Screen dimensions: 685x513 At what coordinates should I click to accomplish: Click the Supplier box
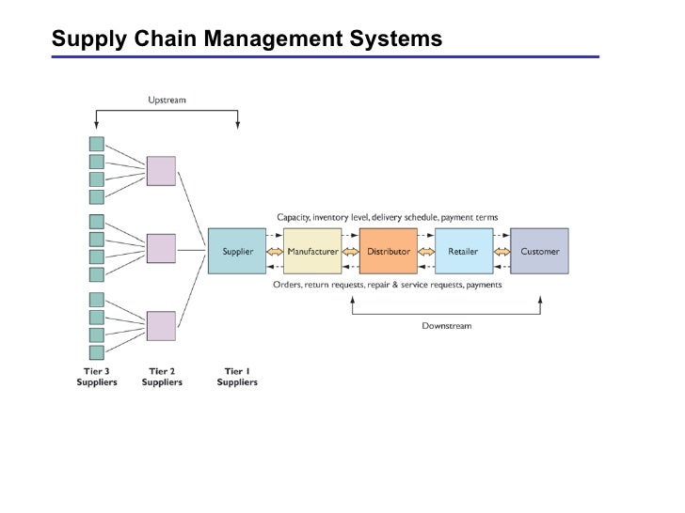(x=237, y=251)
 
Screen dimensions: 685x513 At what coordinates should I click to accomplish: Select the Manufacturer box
(x=312, y=251)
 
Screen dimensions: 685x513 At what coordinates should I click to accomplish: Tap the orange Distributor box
(x=389, y=251)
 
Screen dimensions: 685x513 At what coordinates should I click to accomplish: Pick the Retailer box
(x=464, y=251)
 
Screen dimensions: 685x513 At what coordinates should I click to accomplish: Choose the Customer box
(x=539, y=251)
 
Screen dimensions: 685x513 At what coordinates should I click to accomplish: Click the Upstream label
(x=167, y=100)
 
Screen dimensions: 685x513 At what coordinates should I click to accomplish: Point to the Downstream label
(x=446, y=325)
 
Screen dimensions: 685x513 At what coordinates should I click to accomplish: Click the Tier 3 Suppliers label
(x=97, y=377)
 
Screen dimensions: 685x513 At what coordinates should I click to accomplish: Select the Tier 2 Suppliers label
(x=162, y=377)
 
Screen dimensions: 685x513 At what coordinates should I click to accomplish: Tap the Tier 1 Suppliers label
(x=237, y=377)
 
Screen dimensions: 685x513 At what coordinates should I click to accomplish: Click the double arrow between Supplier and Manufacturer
(x=275, y=252)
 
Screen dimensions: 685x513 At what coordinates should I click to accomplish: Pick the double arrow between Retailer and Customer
(x=502, y=252)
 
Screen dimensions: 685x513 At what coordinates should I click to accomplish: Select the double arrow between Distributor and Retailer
(x=426, y=252)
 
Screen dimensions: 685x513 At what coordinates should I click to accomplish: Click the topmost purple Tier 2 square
(x=161, y=171)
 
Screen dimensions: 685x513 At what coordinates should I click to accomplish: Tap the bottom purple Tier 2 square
(x=161, y=326)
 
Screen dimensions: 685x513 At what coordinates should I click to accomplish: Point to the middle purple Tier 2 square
(x=161, y=249)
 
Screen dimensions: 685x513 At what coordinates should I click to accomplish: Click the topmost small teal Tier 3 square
(x=97, y=144)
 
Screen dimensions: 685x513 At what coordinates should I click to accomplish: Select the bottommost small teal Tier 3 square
(x=97, y=352)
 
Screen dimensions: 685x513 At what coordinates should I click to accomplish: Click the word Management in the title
(x=273, y=39)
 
